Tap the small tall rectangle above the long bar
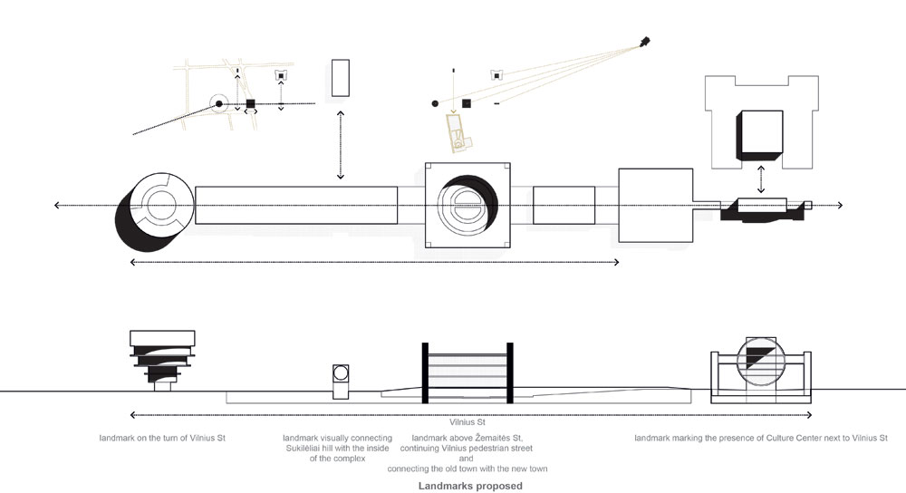[x=341, y=78]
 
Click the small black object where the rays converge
[x=645, y=41]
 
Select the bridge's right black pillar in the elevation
[x=511, y=372]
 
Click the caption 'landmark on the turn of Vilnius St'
[x=163, y=439]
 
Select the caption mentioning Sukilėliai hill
[x=338, y=449]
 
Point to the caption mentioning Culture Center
[x=761, y=439]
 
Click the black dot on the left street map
[x=219, y=105]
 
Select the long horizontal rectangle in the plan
[x=296, y=206]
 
